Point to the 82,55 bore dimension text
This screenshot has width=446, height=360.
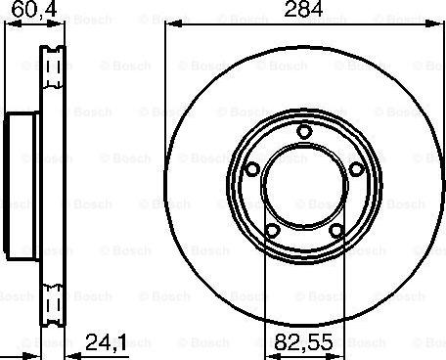pyautogui.click(x=298, y=344)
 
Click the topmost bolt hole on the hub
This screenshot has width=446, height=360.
pyautogui.click(x=304, y=132)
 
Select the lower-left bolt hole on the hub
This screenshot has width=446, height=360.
pyautogui.click(x=272, y=232)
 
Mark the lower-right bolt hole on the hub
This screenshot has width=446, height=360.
pyautogui.click(x=336, y=232)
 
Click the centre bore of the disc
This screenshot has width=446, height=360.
pyautogui.click(x=304, y=186)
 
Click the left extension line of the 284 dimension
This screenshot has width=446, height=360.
pyautogui.click(x=164, y=98)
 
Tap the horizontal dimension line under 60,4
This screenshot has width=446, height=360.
pyautogui.click(x=29, y=23)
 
